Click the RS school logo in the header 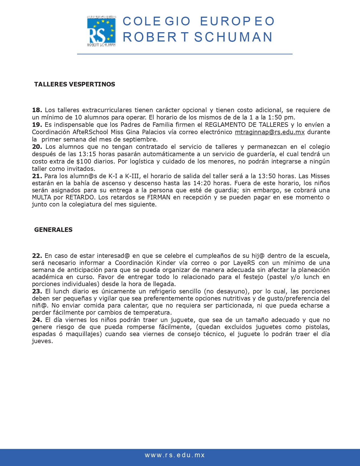101,31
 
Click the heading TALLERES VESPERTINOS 75,84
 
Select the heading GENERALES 53,230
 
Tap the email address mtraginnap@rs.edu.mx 270,132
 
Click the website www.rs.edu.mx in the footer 175,455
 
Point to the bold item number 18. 37,110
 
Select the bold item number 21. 37,176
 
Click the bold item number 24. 37,320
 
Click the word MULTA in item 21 42,197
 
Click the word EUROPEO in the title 237,21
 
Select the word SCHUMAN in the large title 233,37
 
